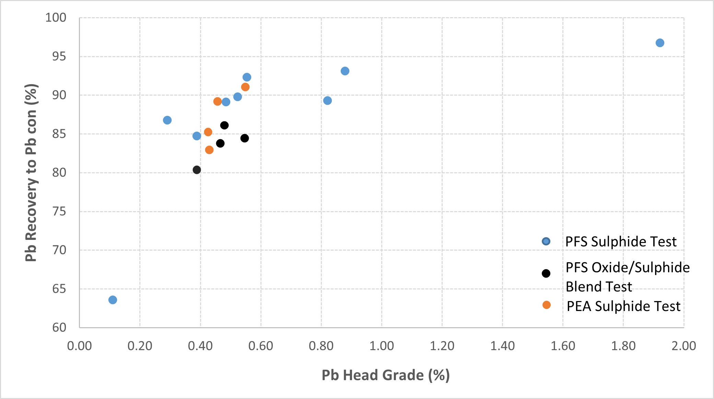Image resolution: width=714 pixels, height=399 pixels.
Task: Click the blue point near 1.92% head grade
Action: (660, 43)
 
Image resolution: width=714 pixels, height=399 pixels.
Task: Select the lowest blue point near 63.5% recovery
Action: (113, 300)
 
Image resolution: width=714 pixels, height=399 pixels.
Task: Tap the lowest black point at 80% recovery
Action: (197, 170)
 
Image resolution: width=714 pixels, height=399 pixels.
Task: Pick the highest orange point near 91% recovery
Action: (245, 87)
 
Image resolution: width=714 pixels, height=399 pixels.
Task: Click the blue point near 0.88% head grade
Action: (345, 71)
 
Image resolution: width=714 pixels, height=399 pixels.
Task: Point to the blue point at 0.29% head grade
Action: (167, 120)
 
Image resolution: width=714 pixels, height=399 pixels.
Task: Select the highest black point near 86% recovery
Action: (224, 125)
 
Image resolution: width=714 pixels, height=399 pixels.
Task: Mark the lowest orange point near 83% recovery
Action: (209, 150)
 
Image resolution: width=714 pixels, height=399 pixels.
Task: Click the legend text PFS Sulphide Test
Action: (621, 242)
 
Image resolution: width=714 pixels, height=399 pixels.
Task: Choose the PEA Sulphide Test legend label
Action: (623, 306)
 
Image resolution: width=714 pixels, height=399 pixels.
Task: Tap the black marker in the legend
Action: (546, 274)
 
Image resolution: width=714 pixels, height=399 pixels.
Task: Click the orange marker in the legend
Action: (547, 305)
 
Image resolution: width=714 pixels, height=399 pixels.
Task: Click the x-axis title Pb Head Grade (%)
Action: (385, 375)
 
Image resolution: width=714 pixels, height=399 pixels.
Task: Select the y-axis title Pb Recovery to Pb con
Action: (31, 173)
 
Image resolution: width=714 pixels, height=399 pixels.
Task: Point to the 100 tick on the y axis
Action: (56, 18)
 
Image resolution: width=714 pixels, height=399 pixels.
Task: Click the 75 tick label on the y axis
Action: (59, 211)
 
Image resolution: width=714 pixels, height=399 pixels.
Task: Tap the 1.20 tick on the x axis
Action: (442, 346)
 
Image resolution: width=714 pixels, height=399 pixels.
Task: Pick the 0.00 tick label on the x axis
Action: (80, 346)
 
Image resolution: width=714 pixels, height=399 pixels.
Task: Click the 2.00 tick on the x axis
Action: (683, 346)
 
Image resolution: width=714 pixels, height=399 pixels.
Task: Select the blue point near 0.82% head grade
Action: (327, 101)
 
